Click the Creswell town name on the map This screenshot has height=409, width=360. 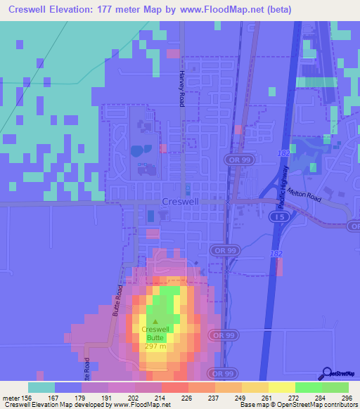pos(179,201)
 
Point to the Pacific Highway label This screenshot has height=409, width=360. pos(281,190)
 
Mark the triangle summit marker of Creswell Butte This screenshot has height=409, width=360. pos(155,322)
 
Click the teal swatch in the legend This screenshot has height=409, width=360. pos(41,387)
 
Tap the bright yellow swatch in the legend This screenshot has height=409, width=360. pos(281,387)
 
